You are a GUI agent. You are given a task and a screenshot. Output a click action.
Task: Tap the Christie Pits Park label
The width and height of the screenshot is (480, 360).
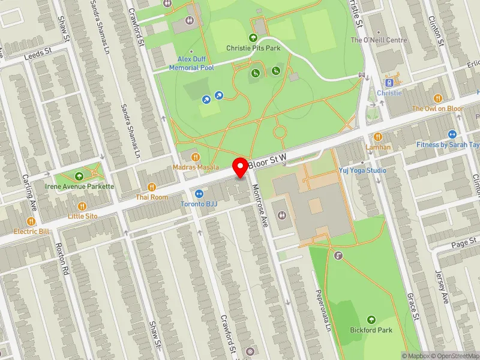point(253,48)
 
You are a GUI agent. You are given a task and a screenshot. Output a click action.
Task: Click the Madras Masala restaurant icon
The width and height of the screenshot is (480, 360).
point(196,157)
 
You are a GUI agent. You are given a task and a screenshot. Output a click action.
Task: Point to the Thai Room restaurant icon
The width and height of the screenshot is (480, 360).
point(151,187)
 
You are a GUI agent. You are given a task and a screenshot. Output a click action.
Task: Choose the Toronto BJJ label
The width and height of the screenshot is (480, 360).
point(199,204)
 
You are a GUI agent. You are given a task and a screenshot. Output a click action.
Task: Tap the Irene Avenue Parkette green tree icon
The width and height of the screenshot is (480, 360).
point(80,176)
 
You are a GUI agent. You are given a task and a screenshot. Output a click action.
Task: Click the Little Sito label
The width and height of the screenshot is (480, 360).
point(83,216)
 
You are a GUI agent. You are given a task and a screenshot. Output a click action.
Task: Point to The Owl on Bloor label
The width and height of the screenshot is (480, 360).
point(437,109)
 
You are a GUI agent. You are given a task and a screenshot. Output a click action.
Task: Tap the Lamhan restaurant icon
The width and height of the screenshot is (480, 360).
point(378,137)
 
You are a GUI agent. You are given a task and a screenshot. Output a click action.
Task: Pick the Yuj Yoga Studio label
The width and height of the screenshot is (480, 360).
point(362,170)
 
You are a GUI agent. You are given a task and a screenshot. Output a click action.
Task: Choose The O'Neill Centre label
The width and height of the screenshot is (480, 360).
point(378,40)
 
